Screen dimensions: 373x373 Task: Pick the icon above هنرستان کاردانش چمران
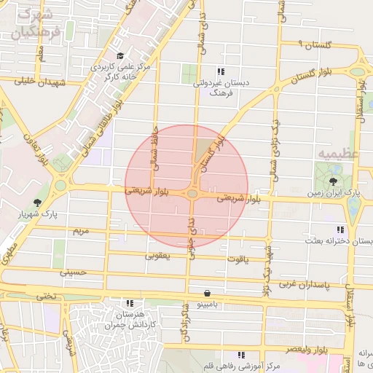click(x=130, y=303)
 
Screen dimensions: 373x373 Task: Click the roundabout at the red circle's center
click(x=192, y=194)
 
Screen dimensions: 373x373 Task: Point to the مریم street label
click(x=79, y=230)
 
